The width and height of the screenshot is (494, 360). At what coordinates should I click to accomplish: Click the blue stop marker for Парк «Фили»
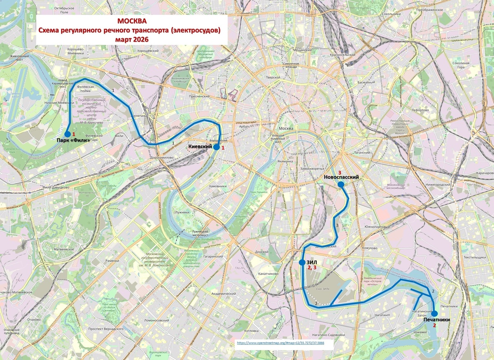pyautogui.click(x=68, y=134)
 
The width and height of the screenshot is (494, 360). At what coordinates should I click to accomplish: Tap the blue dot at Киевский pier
pyautogui.click(x=217, y=147)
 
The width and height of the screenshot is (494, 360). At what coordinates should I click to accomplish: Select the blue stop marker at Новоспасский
pyautogui.click(x=341, y=185)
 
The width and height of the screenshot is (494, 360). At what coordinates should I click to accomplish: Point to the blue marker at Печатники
pyautogui.click(x=434, y=314)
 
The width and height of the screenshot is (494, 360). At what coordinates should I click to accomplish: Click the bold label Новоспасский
pyautogui.click(x=341, y=177)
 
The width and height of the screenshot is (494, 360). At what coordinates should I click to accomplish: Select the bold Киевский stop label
pyautogui.click(x=200, y=147)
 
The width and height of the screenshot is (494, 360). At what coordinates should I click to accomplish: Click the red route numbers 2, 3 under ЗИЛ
pyautogui.click(x=312, y=268)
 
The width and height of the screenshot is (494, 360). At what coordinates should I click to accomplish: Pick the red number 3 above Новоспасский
pyautogui.click(x=340, y=172)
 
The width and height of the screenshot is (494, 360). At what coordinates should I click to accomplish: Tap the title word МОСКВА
pyautogui.click(x=132, y=21)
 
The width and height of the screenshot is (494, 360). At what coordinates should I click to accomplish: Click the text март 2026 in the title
pyautogui.click(x=132, y=39)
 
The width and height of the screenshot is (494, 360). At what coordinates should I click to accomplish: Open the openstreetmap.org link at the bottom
pyautogui.click(x=281, y=343)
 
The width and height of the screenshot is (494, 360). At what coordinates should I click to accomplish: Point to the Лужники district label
pyautogui.click(x=182, y=212)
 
